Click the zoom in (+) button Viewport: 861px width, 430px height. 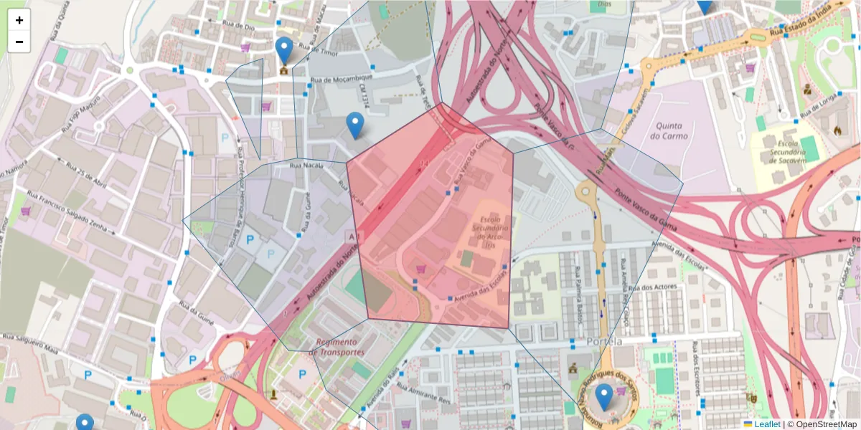pos(19,20)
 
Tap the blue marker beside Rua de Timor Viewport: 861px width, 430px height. pos(284,50)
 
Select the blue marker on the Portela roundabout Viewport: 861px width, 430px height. pos(604,396)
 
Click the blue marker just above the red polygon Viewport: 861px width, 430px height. pos(354,125)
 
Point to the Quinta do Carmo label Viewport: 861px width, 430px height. pos(669,130)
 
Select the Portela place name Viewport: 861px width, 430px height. pos(603,342)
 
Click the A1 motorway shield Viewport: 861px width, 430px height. pos(352,236)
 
